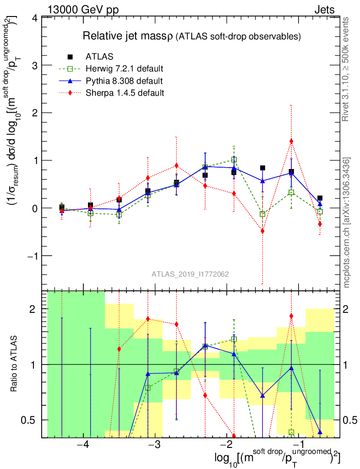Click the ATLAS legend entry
tap(97, 57)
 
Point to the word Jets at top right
tap(324, 9)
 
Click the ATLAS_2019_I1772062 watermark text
tap(190, 274)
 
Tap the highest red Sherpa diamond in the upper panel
tap(291, 141)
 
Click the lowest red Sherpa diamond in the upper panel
tap(262, 231)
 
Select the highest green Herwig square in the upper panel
tap(234, 160)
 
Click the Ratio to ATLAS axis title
tap(15, 365)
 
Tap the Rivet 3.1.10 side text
tap(347, 69)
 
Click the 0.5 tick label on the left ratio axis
tap(31, 420)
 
